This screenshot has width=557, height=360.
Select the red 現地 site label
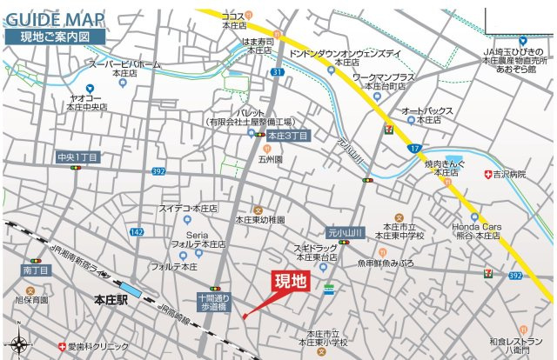click(x=291, y=281)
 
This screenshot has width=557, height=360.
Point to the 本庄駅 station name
click(x=112, y=302)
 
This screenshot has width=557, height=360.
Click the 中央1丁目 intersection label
click(x=78, y=157)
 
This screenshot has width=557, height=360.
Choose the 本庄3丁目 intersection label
click(x=287, y=137)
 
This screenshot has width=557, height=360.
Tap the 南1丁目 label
click(x=37, y=271)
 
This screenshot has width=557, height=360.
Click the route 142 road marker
click(x=136, y=232)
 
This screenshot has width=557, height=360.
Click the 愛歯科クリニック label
click(x=98, y=347)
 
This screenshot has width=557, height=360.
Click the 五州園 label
click(x=271, y=160)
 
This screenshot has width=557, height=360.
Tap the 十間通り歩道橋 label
click(x=211, y=302)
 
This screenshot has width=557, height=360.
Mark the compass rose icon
click(x=18, y=345)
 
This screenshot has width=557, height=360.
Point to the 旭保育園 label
click(x=31, y=300)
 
